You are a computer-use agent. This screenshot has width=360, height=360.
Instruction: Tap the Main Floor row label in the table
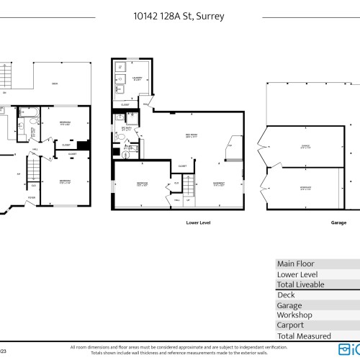pos(296,264)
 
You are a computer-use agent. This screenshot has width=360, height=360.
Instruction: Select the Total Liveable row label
pos(301,284)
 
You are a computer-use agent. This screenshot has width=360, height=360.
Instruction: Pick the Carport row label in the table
pos(292,325)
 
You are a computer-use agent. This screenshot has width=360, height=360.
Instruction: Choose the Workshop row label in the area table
pos(294,315)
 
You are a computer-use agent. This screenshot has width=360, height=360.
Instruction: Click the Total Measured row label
pos(304,336)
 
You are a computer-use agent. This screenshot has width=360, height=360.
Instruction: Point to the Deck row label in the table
pos(286,294)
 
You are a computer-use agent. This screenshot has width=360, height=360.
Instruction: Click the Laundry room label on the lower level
pos(137,78)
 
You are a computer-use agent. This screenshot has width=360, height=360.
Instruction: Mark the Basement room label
pos(219,184)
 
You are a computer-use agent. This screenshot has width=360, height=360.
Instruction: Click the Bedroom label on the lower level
pos(143,184)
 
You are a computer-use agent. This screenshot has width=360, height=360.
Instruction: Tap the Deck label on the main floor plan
pos(55,84)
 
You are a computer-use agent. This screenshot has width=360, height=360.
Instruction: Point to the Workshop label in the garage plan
pos(286,189)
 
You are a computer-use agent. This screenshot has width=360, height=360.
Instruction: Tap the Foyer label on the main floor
pos(31,197)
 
